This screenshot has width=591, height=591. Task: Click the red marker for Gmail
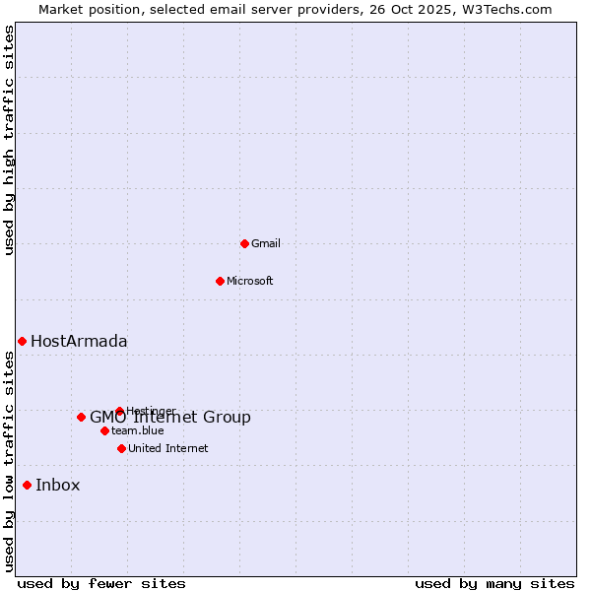tap(244, 243)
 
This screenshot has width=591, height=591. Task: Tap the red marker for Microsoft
tap(220, 281)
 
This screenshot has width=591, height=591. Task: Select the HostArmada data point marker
tap(22, 341)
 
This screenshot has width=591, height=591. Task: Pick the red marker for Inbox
tap(27, 485)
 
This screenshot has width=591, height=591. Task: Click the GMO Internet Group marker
tap(81, 417)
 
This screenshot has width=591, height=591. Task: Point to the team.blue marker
tap(104, 430)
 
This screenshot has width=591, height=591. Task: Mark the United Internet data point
tap(121, 448)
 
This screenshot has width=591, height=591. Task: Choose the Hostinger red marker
tap(119, 411)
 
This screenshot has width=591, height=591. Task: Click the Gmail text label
tap(266, 243)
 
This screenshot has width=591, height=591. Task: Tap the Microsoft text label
tap(250, 281)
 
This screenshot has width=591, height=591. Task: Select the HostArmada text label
tap(79, 342)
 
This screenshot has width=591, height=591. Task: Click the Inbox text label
tap(58, 486)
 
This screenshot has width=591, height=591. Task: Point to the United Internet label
tap(168, 448)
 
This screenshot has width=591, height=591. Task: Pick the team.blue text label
tap(138, 430)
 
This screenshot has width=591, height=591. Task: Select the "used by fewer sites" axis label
tap(101, 584)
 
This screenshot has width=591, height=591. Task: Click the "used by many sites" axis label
tap(494, 584)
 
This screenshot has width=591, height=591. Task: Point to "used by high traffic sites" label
tap(10, 140)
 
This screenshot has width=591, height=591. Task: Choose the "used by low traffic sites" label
tap(10, 461)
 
